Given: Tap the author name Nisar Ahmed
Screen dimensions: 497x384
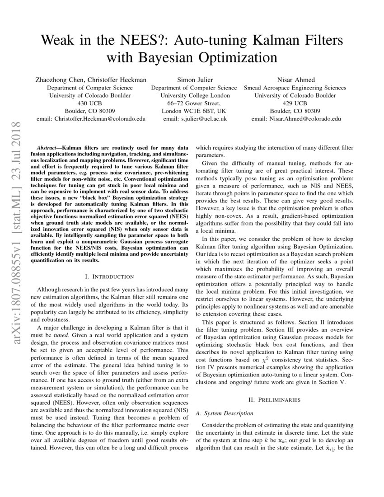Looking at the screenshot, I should click(x=295, y=80).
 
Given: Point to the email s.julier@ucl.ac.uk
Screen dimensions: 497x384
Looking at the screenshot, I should click(x=195, y=119).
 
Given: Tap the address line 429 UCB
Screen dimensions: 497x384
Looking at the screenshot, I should click(x=295, y=103).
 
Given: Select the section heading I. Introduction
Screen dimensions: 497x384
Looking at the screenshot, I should click(x=109, y=277).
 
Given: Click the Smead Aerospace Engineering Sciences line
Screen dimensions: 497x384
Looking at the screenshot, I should click(x=295, y=88).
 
